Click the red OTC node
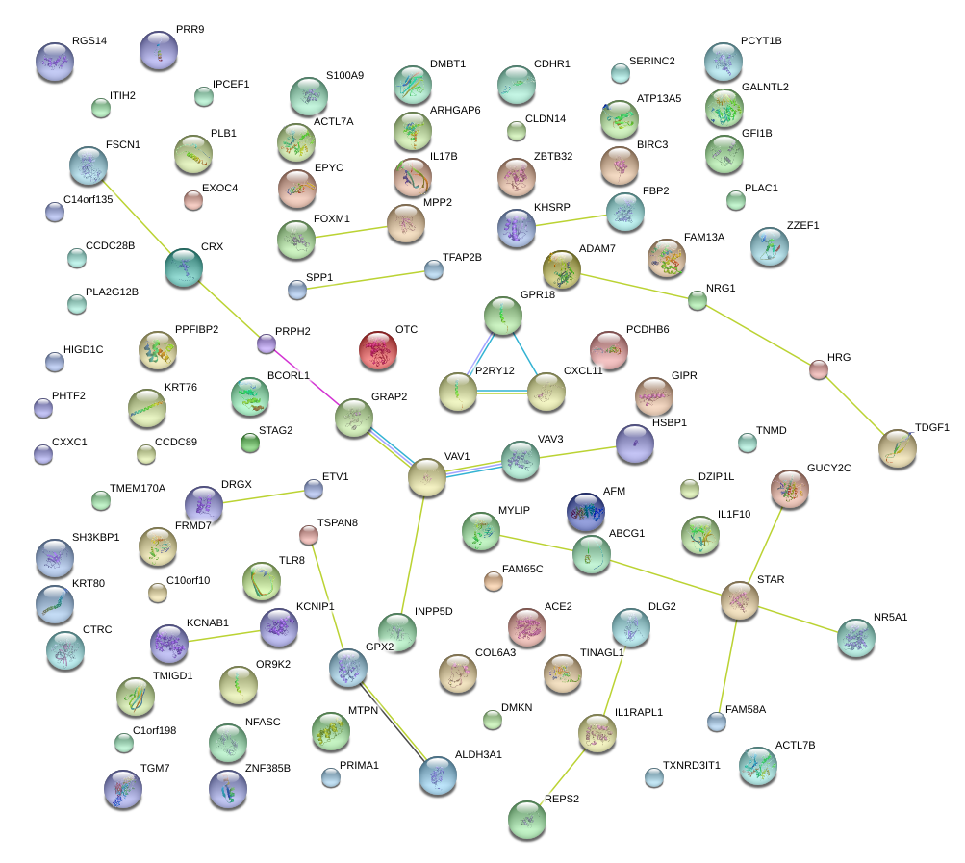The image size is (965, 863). coord(378,351)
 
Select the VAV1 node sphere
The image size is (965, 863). coord(427,478)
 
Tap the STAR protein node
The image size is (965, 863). coord(740,599)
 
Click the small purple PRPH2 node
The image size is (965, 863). coord(267,342)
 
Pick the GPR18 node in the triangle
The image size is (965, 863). coord(502,314)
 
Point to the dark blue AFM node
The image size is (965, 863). coord(585,512)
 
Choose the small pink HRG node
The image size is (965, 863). coord(818,368)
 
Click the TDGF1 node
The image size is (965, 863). coord(897,447)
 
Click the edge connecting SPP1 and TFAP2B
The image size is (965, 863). coord(366,280)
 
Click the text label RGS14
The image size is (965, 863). coord(89,41)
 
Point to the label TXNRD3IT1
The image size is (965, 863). coord(691,765)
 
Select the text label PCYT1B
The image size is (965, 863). coord(761,41)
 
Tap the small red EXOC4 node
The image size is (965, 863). coord(193,200)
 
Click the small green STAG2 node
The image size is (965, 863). coord(250,443)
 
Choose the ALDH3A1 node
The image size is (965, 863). coord(438,774)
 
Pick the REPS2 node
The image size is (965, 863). coord(526,819)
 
